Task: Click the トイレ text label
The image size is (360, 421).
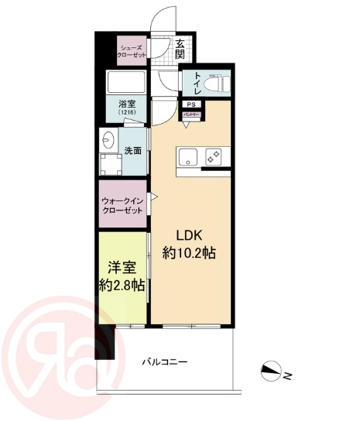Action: click(198, 80)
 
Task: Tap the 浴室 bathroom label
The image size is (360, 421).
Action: click(126, 105)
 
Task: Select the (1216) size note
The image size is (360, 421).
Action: click(126, 115)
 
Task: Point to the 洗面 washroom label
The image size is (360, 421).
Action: click(133, 150)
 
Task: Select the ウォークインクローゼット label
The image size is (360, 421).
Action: click(122, 205)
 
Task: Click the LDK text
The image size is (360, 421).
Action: click(188, 234)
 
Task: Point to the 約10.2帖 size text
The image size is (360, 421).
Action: click(188, 253)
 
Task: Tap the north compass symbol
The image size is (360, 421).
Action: click(273, 372)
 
